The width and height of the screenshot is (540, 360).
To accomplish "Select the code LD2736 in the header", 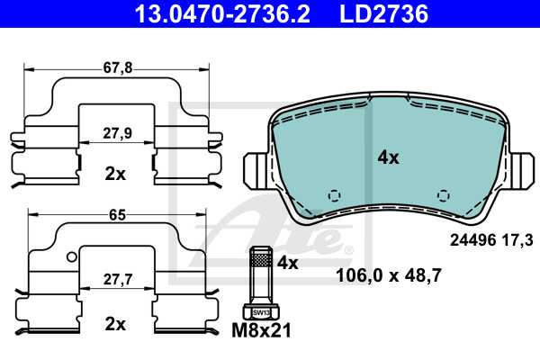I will [382, 13].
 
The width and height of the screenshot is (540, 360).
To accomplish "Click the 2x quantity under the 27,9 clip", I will [115, 174].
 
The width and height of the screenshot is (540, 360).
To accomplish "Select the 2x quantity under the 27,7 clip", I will [115, 322].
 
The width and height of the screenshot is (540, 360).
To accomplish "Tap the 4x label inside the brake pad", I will [388, 157].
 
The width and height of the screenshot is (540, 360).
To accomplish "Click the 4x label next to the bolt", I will [288, 264].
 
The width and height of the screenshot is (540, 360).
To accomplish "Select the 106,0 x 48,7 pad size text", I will [388, 276].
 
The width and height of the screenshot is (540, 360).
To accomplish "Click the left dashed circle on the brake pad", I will [334, 195].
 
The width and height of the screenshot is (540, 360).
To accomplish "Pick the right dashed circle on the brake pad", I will [442, 195].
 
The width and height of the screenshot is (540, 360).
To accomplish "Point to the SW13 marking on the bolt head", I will [259, 311].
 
